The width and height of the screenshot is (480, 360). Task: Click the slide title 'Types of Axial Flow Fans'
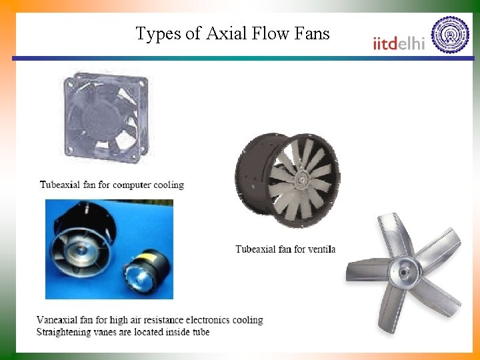(233, 33)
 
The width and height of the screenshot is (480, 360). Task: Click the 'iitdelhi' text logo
(398, 43)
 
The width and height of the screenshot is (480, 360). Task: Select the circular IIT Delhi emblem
(450, 35)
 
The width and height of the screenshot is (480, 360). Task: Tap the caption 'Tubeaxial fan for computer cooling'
(112, 185)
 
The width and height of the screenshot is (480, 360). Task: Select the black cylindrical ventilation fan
(287, 176)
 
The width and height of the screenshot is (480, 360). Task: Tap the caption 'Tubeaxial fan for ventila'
(285, 249)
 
